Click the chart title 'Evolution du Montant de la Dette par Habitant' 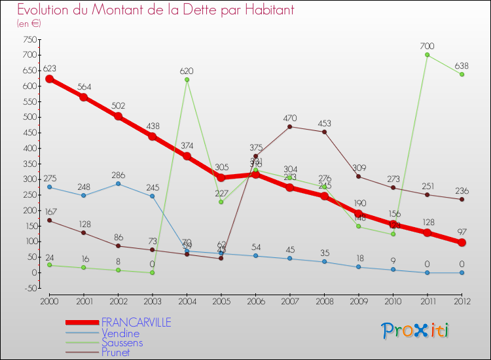click(x=156, y=10)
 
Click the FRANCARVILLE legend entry click(x=136, y=322)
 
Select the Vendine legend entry click(x=120, y=333)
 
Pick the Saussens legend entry click(x=122, y=342)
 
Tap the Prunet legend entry click(x=116, y=352)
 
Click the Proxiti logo click(x=416, y=331)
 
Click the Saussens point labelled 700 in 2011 click(x=427, y=55)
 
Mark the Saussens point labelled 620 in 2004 click(x=187, y=80)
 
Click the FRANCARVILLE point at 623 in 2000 click(x=49, y=79)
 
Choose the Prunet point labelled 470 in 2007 click(x=290, y=126)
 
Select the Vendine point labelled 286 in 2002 click(x=118, y=183)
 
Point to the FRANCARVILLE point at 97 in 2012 click(x=462, y=242)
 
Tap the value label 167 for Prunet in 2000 click(x=49, y=211)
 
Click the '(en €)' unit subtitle click(x=29, y=23)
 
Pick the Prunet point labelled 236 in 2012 click(x=462, y=199)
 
